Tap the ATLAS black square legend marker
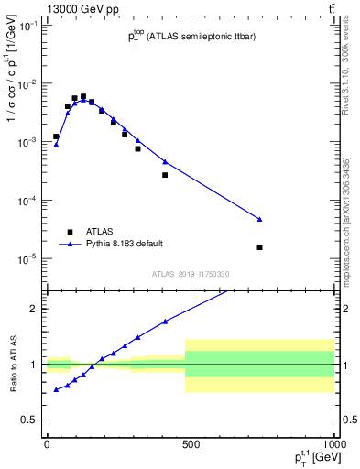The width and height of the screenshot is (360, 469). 69,232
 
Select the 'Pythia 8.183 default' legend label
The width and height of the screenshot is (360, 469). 125,244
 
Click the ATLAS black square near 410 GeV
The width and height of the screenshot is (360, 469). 165,175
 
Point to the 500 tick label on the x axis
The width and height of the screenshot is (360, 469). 191,443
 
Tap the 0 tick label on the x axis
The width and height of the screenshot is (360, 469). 47,443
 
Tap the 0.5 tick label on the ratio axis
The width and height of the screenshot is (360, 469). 29,420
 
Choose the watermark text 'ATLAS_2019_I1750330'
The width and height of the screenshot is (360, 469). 191,274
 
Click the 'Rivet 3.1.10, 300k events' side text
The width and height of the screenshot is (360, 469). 349,73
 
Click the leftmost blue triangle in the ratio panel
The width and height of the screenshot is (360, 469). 56,389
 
